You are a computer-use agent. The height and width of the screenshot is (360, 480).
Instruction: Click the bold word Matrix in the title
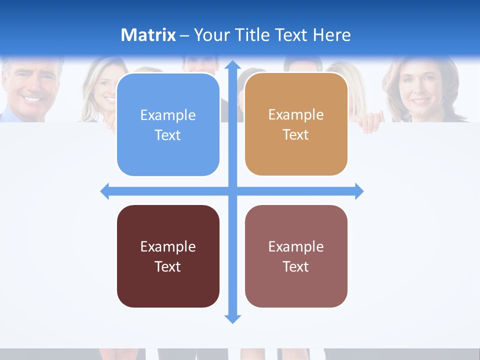click(148, 35)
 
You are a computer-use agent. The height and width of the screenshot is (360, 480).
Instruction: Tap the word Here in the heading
click(332, 35)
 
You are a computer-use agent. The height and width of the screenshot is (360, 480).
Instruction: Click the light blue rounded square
click(168, 124)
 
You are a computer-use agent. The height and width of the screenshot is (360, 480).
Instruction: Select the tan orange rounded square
click(296, 124)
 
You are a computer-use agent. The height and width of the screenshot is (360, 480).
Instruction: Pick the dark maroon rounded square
click(168, 256)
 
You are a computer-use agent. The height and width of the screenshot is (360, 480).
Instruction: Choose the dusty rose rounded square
click(296, 256)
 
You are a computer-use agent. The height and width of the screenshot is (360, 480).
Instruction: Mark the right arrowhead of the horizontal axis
click(358, 191)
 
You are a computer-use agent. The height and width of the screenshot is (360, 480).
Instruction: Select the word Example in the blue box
click(168, 115)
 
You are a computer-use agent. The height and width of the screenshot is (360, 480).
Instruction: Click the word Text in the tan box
click(296, 134)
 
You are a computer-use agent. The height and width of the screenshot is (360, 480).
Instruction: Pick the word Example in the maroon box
click(168, 246)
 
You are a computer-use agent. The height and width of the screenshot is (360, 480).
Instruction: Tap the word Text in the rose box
click(296, 266)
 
